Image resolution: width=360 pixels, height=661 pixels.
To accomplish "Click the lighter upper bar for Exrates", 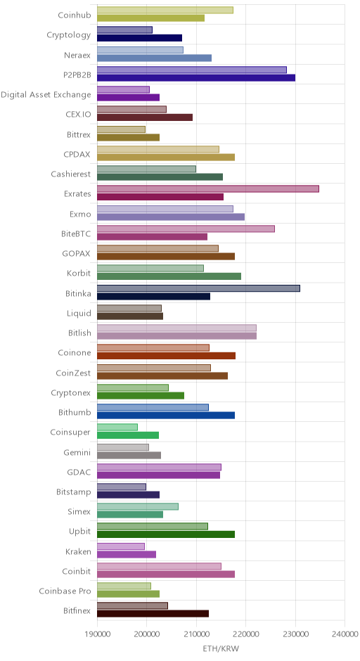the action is pyautogui.click(x=208, y=189).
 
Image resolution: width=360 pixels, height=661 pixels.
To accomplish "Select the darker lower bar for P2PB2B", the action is pyautogui.click(x=196, y=77).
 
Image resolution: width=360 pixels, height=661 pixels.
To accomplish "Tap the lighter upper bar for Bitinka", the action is pyautogui.click(x=198, y=288).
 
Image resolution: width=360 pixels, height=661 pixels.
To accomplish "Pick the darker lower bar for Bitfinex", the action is pyautogui.click(x=153, y=614).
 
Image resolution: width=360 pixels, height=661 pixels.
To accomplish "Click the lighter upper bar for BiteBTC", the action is pyautogui.click(x=186, y=229).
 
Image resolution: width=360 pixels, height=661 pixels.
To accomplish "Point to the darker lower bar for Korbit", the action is pyautogui.click(x=169, y=276).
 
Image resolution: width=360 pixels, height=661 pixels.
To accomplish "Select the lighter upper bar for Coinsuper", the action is pyautogui.click(x=117, y=428).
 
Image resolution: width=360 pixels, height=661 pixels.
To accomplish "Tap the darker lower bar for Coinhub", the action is pyautogui.click(x=151, y=18).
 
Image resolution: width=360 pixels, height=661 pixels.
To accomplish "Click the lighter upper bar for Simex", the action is pyautogui.click(x=138, y=507).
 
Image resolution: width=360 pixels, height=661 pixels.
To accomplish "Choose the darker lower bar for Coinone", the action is pyautogui.click(x=166, y=356).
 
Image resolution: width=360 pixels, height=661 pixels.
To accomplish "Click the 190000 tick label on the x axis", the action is pyautogui.click(x=97, y=634).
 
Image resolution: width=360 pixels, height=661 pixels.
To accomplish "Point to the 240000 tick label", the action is pyautogui.click(x=345, y=634).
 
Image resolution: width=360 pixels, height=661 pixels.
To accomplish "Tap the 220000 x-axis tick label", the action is pyautogui.click(x=246, y=634).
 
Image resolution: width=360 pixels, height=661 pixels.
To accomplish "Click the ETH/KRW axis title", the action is pyautogui.click(x=221, y=648).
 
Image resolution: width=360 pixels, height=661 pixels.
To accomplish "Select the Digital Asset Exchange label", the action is pyautogui.click(x=46, y=95).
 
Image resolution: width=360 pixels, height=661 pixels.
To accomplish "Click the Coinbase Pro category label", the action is pyautogui.click(x=65, y=591).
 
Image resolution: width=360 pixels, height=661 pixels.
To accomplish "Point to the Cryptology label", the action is pyautogui.click(x=69, y=35).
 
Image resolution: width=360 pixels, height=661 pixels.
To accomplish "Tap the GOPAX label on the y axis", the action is pyautogui.click(x=77, y=254).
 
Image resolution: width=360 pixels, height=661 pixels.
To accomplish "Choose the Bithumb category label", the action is pyautogui.click(x=75, y=412).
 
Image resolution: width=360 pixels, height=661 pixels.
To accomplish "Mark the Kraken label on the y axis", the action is pyautogui.click(x=78, y=551).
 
